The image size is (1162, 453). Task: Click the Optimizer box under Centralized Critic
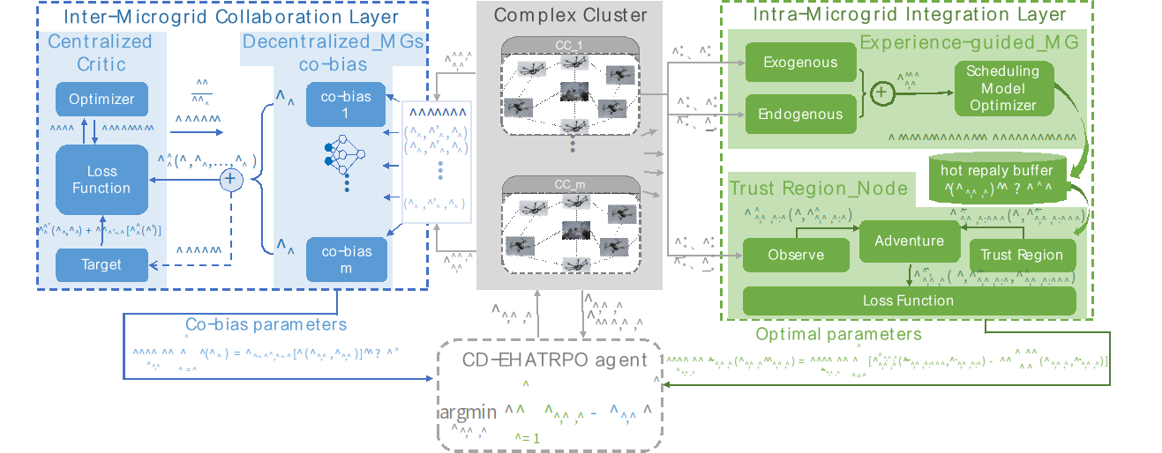101,99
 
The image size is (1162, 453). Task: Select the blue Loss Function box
101,180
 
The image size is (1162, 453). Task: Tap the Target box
101,264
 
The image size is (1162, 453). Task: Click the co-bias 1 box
346,105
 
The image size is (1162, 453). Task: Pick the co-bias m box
346,260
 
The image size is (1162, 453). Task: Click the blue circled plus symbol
230,180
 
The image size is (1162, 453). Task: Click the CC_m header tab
570,184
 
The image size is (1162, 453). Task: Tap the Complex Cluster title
570,15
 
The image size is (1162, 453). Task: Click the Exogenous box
800,63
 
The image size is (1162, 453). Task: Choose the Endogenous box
800,113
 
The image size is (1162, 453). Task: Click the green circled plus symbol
880,91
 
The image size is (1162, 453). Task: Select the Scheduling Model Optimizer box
1003,88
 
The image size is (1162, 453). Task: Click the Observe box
796,255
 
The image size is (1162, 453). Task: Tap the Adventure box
909,241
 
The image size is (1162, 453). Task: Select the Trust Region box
1022,255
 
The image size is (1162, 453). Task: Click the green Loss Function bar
909,301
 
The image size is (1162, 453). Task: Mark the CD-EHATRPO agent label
554,360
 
